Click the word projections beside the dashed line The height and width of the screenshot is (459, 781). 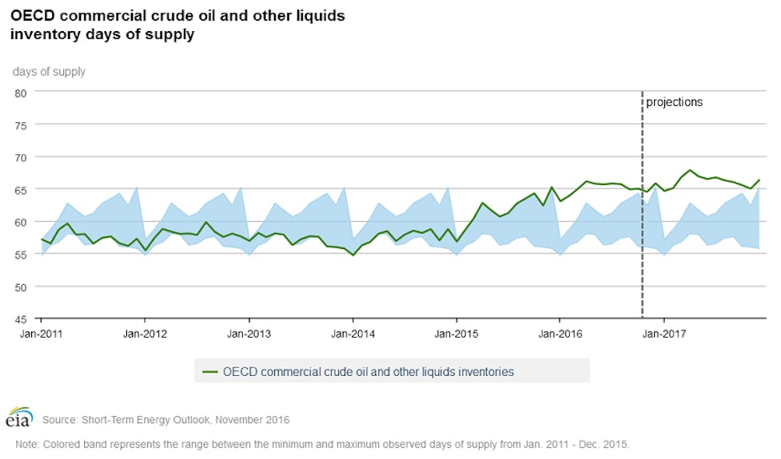pos(674,102)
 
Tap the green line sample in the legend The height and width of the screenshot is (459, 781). pos(209,372)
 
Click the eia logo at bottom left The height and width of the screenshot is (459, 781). pos(19,417)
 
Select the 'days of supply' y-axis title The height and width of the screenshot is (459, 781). pos(48,72)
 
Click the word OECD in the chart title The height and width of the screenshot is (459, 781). pos(33,16)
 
